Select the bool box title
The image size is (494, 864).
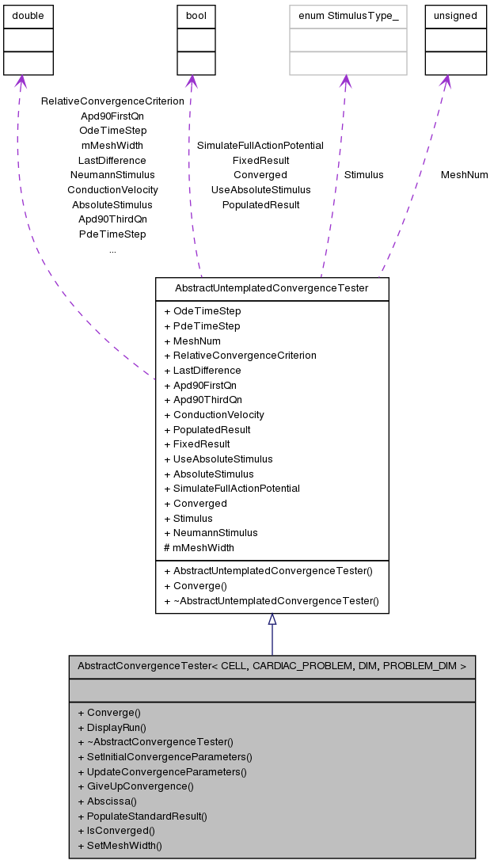click(196, 16)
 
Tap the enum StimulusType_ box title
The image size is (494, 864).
click(348, 16)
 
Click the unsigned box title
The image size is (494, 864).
click(455, 16)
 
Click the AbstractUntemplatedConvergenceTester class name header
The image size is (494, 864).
click(272, 288)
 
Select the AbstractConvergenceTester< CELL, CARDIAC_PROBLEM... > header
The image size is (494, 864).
click(272, 666)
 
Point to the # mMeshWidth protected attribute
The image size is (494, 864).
click(199, 547)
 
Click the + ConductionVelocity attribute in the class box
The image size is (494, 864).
click(214, 414)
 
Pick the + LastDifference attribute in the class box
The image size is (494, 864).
click(202, 370)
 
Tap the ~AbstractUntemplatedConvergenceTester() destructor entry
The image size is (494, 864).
click(272, 601)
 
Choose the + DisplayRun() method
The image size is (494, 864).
click(112, 727)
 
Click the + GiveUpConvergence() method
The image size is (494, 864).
click(135, 786)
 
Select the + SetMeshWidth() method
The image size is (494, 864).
click(120, 846)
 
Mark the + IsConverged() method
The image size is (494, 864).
click(116, 831)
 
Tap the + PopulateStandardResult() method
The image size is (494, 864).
click(142, 816)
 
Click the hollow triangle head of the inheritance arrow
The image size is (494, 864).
click(272, 619)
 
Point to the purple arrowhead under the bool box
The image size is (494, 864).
click(191, 81)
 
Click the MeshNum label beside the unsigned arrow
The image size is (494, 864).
click(464, 174)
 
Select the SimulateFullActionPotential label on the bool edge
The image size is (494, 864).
click(260, 145)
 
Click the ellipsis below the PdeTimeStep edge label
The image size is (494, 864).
click(112, 249)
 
